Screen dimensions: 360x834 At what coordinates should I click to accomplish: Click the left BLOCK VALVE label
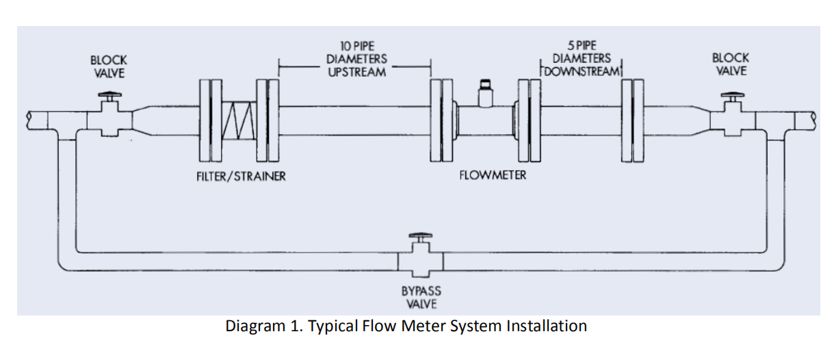point(109,66)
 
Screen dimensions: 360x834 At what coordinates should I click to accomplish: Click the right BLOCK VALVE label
point(730,64)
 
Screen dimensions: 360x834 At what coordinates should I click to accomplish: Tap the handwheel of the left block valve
point(109,95)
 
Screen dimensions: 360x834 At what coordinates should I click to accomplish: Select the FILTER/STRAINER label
point(237,177)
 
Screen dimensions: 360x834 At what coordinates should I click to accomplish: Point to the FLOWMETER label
point(493,175)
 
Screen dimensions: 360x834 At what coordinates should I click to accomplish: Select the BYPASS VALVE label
point(421,297)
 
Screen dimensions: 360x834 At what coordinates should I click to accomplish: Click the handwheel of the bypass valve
point(420,236)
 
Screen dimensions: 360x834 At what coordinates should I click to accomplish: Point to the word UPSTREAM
point(356,72)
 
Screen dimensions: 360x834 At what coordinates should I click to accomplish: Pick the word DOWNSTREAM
point(582,71)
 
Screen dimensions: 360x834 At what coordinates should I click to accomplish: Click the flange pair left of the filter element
point(211,120)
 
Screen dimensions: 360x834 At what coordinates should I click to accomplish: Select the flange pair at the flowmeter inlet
point(442,120)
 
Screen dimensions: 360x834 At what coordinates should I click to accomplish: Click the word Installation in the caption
point(546,326)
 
